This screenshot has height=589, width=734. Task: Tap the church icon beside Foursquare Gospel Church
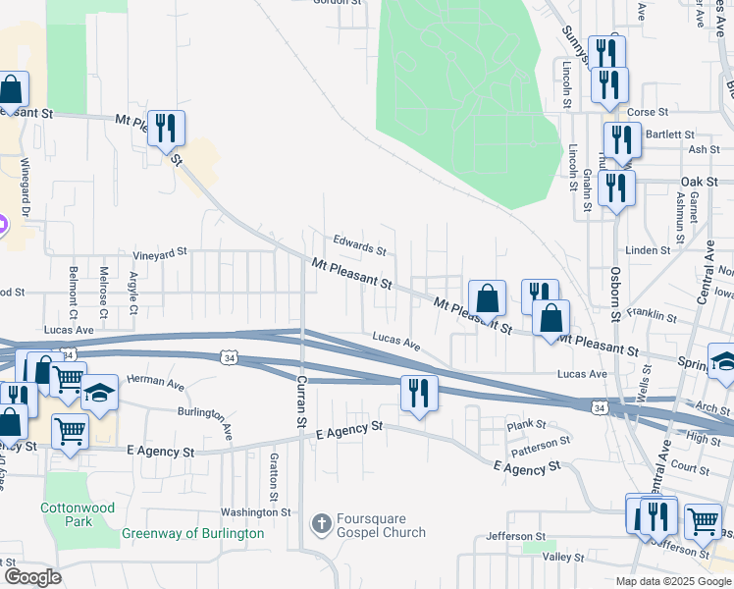click(x=320, y=524)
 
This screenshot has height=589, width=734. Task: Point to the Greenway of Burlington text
click(x=192, y=533)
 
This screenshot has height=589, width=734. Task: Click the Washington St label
click(x=255, y=511)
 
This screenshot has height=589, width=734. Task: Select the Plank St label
click(x=525, y=425)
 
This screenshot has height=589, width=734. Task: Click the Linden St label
click(x=649, y=250)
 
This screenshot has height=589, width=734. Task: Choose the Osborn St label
click(x=615, y=294)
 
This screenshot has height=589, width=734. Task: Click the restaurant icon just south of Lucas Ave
click(x=419, y=393)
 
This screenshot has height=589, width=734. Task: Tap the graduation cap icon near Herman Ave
click(x=99, y=392)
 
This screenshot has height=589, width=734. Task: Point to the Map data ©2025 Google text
click(x=673, y=581)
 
